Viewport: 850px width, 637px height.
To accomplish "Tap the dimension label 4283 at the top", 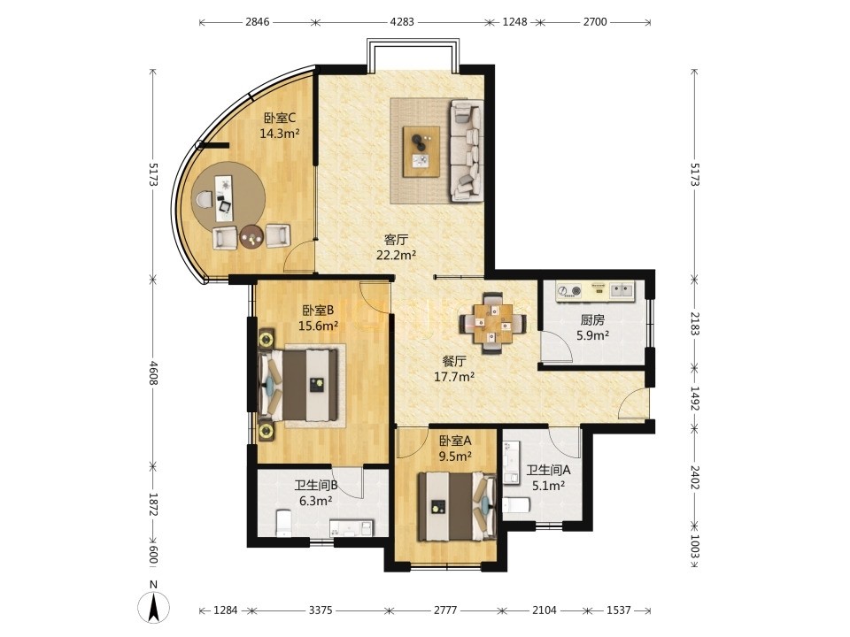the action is point(402,22).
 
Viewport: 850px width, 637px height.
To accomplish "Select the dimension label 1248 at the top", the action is point(514,22).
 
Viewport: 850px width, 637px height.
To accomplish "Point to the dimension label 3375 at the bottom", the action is point(321,610).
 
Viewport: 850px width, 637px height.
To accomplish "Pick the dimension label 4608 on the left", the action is point(153,372).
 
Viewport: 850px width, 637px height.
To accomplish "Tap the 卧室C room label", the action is point(279,118).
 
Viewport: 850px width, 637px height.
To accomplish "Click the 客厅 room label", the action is point(396,240).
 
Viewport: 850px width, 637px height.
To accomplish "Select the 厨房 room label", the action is point(592,320).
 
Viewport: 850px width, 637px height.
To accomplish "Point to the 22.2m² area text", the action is point(397,255).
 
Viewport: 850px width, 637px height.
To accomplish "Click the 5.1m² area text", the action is point(548,486).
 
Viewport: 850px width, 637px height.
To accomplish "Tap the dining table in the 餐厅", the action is point(493,324).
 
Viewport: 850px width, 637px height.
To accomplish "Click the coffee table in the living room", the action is point(421,151).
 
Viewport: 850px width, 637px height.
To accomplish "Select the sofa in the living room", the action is point(466,150).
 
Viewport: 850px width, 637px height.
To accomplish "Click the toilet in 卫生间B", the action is point(284,523).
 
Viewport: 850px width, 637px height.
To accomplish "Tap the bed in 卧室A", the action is point(457,507).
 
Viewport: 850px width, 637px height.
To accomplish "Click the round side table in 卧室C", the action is point(251,237).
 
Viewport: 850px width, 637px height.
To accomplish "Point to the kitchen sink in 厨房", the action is point(622,291).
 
